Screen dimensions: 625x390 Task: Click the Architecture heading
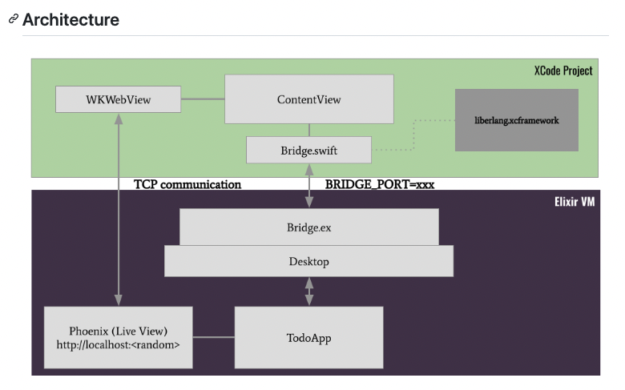(71, 19)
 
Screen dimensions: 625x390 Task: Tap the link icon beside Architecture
(14, 18)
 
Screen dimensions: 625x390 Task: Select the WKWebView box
(118, 99)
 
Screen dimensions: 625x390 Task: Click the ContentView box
(309, 99)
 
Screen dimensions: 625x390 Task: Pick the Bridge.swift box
(309, 151)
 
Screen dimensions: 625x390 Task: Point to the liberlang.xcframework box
(517, 120)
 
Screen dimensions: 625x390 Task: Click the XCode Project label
(563, 70)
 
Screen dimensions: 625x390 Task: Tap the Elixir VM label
(575, 202)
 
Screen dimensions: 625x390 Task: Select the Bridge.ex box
(309, 227)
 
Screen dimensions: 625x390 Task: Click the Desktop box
(309, 261)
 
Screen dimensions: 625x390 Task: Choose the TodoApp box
(309, 337)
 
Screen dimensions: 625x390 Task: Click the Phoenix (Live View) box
(118, 337)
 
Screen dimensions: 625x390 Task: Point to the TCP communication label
(187, 184)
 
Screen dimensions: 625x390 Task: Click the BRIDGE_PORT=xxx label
(380, 184)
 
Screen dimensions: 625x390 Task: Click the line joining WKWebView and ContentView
(203, 99)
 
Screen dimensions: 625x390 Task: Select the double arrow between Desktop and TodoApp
(309, 291)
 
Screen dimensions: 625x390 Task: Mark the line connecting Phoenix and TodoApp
(214, 337)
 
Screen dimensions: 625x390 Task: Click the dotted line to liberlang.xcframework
(413, 135)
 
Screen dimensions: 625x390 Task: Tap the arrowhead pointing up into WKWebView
(119, 119)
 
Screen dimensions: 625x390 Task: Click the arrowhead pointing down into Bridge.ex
(309, 203)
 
